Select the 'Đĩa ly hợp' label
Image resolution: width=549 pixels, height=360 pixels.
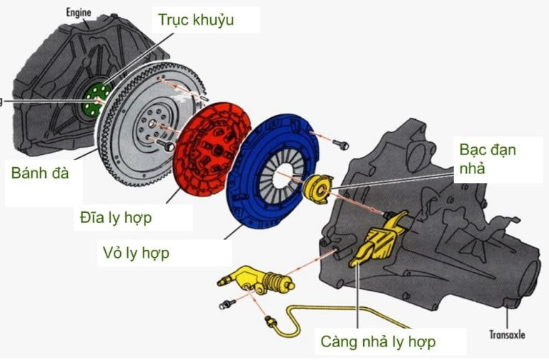pyautogui.click(x=116, y=217)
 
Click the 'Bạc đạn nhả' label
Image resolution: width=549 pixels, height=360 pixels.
pyautogui.click(x=488, y=159)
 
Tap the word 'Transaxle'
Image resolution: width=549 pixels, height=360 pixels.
pyautogui.click(x=508, y=333)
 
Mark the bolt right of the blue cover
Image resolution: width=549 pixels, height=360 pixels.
pyautogui.click(x=342, y=146)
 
